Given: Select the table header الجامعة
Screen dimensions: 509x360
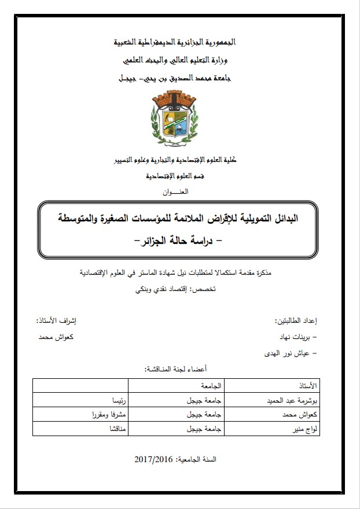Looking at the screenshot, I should click(199, 385).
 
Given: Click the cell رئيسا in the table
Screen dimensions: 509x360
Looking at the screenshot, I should click(120, 400).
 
